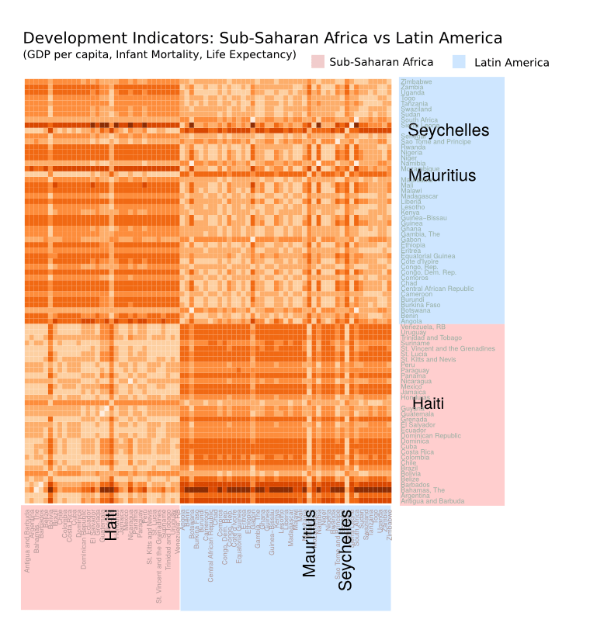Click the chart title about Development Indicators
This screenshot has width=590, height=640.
pyautogui.click(x=262, y=38)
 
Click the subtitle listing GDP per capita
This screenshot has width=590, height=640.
pyautogui.click(x=159, y=55)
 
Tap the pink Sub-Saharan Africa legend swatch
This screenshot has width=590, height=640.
pyautogui.click(x=317, y=62)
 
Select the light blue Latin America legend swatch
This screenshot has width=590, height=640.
pyautogui.click(x=458, y=62)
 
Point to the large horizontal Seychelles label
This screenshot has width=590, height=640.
pyautogui.click(x=449, y=130)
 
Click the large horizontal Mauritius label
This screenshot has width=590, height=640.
pyautogui.click(x=442, y=176)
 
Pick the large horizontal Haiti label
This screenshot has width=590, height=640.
pyautogui.click(x=429, y=404)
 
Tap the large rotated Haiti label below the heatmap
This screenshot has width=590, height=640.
pyautogui.click(x=111, y=524)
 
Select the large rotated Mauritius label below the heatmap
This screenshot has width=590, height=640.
pyautogui.click(x=310, y=543)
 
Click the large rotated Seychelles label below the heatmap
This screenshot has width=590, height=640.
pyautogui.click(x=346, y=550)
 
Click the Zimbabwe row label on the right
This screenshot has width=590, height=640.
pyautogui.click(x=417, y=81)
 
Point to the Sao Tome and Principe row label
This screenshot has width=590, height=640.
pyautogui.click(x=436, y=142)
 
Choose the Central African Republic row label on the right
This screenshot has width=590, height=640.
pyautogui.click(x=437, y=289)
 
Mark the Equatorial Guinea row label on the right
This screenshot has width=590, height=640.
pyautogui.click(x=428, y=256)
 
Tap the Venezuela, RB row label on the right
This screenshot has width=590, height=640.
pyautogui.click(x=423, y=327)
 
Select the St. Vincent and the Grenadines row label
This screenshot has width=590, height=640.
pyautogui.click(x=448, y=348)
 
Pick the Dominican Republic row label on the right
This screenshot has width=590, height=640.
pyautogui.click(x=431, y=436)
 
